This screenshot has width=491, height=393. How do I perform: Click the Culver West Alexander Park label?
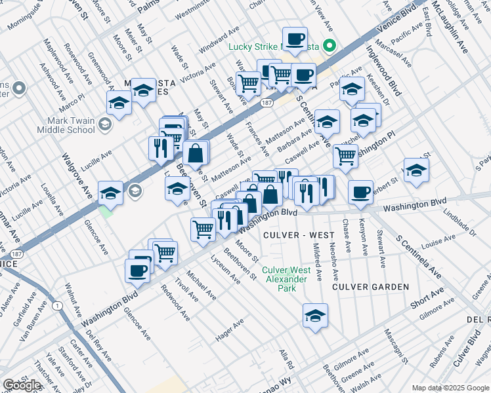click(286, 274)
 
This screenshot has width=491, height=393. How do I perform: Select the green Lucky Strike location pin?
click(331, 46)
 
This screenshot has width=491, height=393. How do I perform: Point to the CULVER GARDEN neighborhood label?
click(370, 287)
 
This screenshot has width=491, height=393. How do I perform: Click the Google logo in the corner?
click(22, 385)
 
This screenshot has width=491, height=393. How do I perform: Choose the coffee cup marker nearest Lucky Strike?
click(295, 38)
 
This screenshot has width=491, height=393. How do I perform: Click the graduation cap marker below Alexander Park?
click(315, 315)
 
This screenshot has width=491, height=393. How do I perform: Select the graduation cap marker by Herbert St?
click(416, 170)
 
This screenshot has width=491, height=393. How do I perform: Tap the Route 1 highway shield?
click(58, 306)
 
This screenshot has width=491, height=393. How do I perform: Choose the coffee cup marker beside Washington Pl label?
click(360, 191)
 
